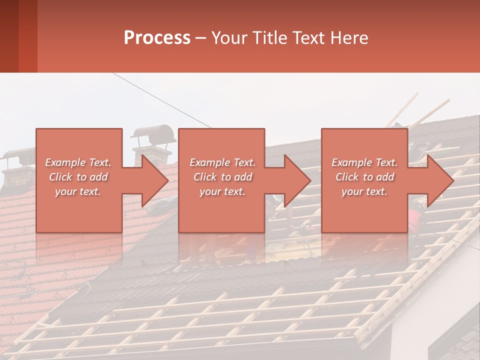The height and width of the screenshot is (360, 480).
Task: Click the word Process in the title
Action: pos(157,38)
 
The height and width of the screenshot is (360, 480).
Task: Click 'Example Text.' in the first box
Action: pos(78,162)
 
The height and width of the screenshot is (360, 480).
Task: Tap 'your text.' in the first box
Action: pos(78,191)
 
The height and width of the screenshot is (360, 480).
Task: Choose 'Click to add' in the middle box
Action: pos(222,177)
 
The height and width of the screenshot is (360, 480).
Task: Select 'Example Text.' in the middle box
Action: pos(222,162)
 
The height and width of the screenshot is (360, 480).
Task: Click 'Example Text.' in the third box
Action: pos(364,162)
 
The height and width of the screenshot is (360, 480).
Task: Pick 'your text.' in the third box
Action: pos(364,191)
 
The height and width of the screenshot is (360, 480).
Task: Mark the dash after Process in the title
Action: pos(201,38)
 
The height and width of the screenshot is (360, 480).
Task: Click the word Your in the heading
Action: pos(228,38)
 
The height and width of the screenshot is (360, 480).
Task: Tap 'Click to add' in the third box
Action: pos(364,177)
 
